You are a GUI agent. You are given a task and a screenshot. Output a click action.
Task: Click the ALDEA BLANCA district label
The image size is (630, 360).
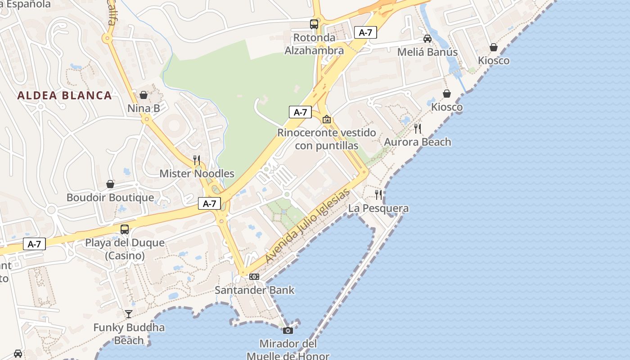click(x=64, y=95)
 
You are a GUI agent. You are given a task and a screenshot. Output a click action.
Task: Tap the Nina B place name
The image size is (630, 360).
click(x=144, y=108)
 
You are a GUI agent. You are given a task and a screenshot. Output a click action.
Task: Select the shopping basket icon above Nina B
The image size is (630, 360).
click(x=144, y=95)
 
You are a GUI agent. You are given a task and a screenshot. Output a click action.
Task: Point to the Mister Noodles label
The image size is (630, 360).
click(x=197, y=173)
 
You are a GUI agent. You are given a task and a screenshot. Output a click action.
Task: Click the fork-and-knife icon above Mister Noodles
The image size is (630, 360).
click(x=197, y=160)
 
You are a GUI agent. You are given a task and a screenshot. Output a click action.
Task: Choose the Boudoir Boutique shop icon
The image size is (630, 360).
click(x=110, y=184)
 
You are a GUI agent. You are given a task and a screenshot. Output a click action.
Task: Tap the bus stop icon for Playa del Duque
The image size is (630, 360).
click(x=125, y=229)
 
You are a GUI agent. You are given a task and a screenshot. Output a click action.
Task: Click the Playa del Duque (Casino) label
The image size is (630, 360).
click(x=125, y=249)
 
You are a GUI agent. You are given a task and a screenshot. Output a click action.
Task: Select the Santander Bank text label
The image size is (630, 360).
click(x=254, y=290)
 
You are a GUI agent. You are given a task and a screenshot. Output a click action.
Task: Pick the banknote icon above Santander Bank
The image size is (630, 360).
click(x=254, y=276)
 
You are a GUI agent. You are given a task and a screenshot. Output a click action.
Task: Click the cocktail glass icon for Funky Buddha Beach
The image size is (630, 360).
click(x=129, y=314)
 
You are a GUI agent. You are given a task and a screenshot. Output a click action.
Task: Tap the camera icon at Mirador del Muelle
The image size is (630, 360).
click(x=288, y=331)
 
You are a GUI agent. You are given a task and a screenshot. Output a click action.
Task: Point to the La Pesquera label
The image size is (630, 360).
click(x=378, y=208)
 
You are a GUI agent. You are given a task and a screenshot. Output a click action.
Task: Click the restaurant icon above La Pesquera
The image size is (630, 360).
click(x=378, y=194)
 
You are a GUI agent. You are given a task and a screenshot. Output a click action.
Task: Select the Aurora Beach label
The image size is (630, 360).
click(x=417, y=142)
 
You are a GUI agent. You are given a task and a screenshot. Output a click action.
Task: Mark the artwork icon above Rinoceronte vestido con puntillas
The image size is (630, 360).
click(x=327, y=119)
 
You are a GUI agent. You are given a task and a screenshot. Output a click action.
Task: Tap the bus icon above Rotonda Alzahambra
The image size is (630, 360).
click(x=314, y=24)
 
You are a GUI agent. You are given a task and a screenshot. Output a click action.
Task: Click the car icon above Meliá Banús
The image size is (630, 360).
click(x=427, y=39)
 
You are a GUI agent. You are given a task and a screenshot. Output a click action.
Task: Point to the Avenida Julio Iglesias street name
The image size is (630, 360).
click(x=307, y=226)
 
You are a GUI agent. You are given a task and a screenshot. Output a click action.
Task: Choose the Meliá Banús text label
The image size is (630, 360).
click(x=427, y=52)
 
